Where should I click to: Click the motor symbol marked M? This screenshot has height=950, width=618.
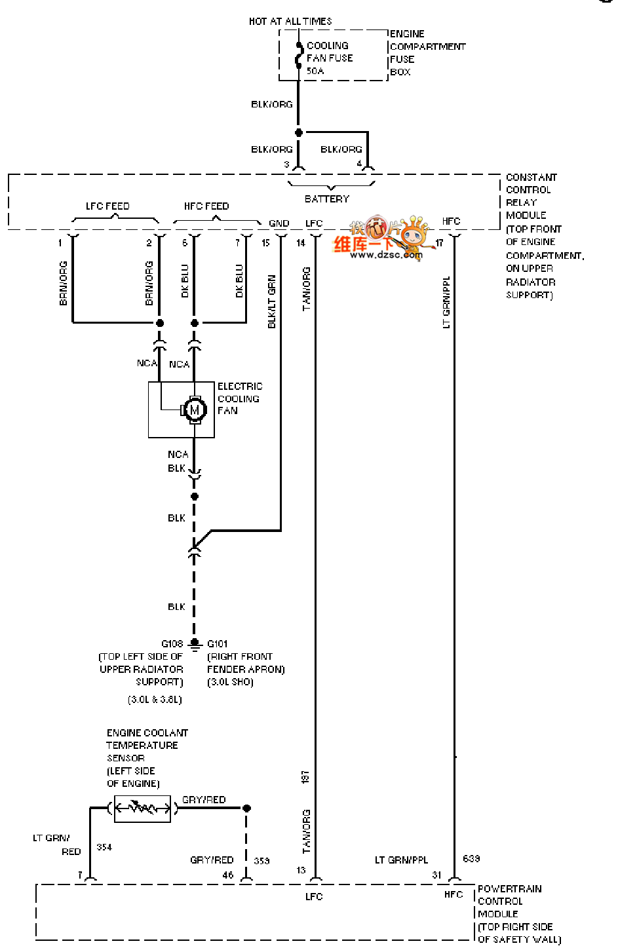(194, 409)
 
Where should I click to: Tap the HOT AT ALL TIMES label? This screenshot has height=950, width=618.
(290, 22)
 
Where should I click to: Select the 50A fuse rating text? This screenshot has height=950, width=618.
(315, 71)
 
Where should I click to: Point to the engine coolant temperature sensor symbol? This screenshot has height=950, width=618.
(142, 808)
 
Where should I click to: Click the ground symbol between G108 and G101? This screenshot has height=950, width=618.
(195, 645)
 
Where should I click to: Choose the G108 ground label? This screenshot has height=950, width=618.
(172, 643)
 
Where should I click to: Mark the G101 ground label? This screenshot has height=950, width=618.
(218, 643)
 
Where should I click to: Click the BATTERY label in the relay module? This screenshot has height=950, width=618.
(327, 199)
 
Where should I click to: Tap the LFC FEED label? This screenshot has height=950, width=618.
(107, 206)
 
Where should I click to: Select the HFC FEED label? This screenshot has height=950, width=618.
(206, 206)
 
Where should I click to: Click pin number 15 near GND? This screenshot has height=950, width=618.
(265, 243)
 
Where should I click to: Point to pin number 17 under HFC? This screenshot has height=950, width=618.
(439, 243)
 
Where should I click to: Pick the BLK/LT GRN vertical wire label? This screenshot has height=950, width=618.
(272, 301)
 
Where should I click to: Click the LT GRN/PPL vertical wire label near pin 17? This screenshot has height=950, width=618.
(446, 302)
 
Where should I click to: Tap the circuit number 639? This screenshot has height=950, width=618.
(471, 858)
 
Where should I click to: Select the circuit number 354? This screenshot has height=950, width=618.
(104, 847)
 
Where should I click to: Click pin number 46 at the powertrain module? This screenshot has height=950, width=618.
(228, 875)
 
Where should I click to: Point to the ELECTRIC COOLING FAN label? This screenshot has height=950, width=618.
(239, 398)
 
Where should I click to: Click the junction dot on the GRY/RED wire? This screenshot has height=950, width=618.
(246, 808)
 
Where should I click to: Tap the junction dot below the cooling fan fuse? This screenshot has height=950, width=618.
(299, 132)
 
